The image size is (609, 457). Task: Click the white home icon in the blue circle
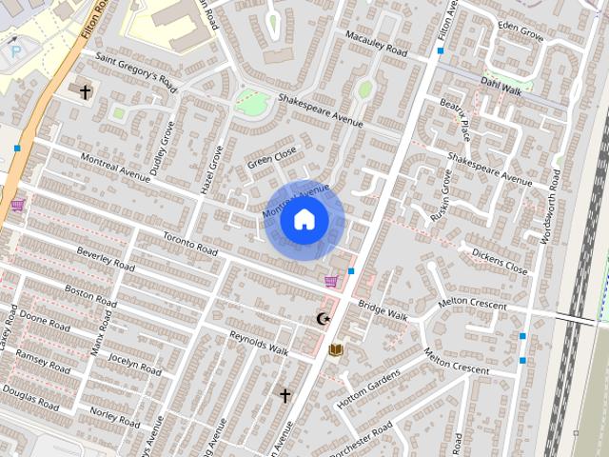(304, 220)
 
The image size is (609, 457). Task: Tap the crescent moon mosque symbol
(324, 318)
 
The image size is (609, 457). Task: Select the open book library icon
(335, 350)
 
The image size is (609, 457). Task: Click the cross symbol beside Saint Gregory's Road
(86, 91)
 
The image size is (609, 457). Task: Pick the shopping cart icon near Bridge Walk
(330, 281)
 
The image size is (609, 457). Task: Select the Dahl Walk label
(501, 87)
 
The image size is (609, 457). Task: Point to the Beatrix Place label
(455, 117)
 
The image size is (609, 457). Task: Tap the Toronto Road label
(190, 243)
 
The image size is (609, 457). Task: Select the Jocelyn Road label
(135, 364)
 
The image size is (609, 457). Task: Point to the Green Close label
(272, 158)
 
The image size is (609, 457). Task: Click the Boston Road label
(90, 295)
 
